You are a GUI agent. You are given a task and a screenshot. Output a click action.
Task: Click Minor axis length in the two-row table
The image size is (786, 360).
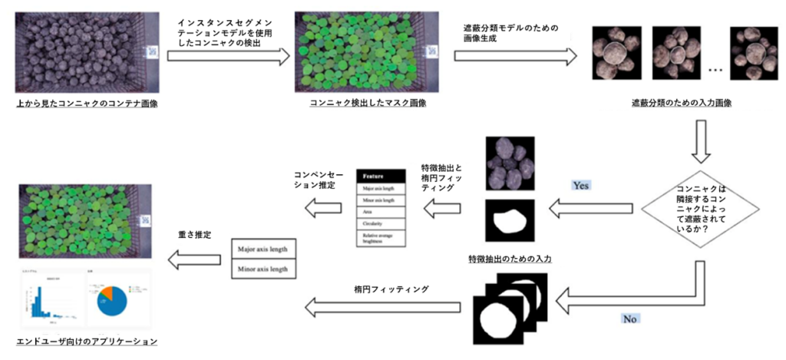263,269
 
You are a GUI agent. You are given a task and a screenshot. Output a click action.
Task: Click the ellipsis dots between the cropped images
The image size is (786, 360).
715,70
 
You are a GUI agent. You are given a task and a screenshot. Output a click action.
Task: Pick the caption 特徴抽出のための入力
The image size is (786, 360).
510,259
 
